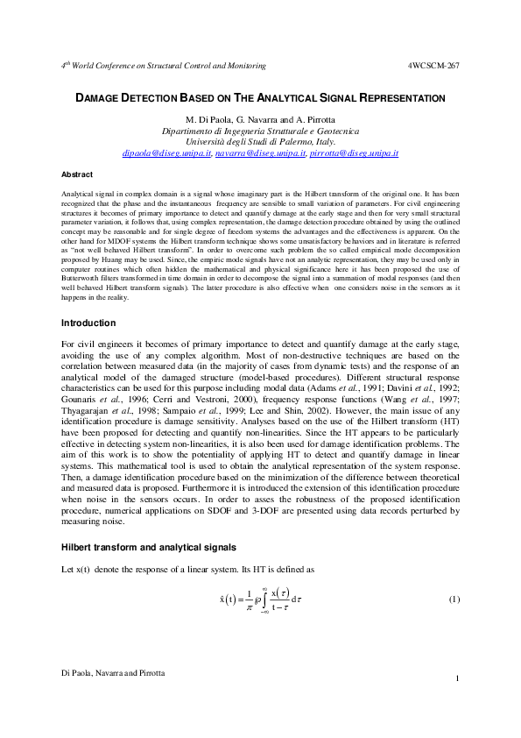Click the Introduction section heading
[88, 323]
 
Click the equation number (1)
[454, 600]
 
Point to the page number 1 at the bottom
[458, 680]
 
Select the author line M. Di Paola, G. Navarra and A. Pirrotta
[260, 119]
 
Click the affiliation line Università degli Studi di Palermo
[260, 141]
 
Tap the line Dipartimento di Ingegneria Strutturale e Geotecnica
[260, 131]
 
